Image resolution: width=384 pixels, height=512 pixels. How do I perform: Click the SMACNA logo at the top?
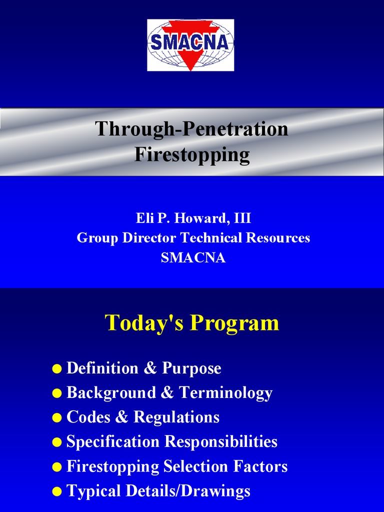(190, 45)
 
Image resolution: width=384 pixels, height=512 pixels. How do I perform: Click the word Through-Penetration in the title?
(191, 129)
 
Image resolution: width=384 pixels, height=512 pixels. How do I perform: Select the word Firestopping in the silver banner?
(192, 154)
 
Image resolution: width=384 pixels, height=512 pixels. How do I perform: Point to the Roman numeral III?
(242, 218)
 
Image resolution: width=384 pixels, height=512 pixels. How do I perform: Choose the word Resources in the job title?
(277, 237)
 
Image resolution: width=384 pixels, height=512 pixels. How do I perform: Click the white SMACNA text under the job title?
(193, 257)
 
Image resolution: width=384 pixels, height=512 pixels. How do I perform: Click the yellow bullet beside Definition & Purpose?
(57, 369)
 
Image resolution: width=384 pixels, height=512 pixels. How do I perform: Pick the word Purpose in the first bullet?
(191, 368)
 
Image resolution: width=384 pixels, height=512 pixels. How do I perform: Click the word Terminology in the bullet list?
(225, 393)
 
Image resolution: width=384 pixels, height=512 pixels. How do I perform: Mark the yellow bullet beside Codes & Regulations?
(57, 418)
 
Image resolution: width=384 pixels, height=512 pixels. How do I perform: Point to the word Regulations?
(176, 417)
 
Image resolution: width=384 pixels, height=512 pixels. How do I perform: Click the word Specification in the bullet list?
(112, 442)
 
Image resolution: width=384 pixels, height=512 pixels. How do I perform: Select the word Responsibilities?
(221, 442)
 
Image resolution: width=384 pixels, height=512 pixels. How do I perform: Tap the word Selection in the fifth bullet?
(195, 466)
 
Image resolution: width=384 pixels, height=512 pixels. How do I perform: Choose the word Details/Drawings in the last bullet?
(188, 491)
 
